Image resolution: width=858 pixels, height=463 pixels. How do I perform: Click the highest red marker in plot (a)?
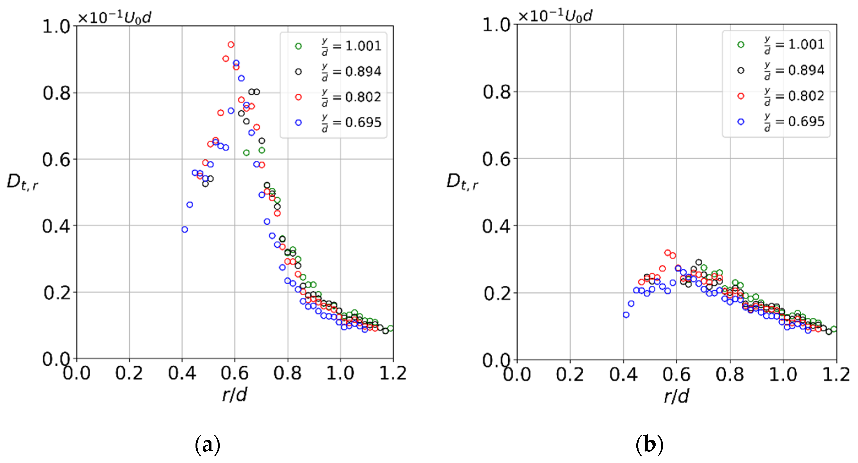(x=231, y=45)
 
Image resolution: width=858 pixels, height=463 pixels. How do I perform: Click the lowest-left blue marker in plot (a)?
(x=185, y=229)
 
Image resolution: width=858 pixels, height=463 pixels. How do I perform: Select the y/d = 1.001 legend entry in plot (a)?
(x=338, y=46)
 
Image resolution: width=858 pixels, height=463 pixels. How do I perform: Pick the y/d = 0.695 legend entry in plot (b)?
(x=781, y=122)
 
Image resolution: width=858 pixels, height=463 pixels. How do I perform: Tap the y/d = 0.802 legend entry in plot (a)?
(x=338, y=97)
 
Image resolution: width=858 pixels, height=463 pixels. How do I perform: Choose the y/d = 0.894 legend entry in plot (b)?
(x=781, y=70)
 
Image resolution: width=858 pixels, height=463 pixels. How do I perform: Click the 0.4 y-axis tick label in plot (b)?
(x=496, y=226)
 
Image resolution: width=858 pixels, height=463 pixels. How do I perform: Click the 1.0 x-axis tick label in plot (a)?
(x=340, y=373)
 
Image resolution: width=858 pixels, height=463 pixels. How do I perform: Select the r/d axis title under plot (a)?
(x=235, y=395)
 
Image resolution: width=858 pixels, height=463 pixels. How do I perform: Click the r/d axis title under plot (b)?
(x=676, y=396)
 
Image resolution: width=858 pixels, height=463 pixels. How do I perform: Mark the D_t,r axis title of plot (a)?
(x=22, y=183)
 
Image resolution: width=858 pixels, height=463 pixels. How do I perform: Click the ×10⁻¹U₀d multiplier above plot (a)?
(x=114, y=17)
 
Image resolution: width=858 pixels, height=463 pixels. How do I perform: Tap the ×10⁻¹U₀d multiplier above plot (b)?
(x=555, y=16)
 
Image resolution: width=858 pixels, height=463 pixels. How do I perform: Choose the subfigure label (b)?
(x=649, y=445)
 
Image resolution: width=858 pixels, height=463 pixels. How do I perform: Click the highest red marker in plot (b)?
(x=667, y=253)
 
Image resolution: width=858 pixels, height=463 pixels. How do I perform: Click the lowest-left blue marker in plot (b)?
(x=626, y=315)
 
